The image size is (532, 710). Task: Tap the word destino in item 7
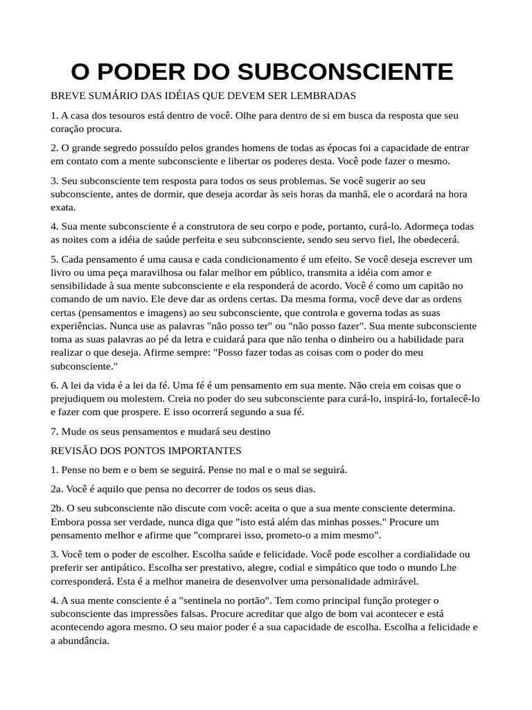[x=255, y=431]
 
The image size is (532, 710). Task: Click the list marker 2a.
[x=56, y=488]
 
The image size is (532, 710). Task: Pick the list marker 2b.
[x=56, y=508]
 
